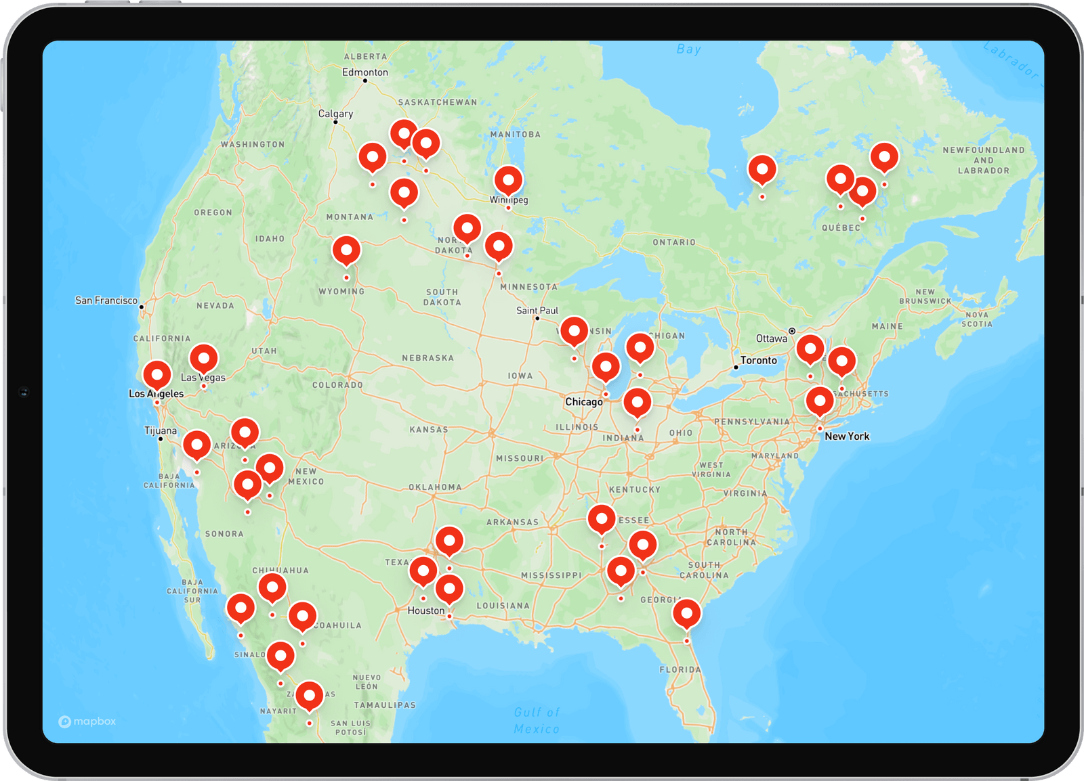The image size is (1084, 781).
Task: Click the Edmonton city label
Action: (x=365, y=72)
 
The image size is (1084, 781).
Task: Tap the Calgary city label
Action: (x=335, y=114)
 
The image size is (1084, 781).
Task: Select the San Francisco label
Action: (x=106, y=300)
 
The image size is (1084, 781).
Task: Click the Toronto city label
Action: (x=758, y=360)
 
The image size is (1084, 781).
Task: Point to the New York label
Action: (x=847, y=437)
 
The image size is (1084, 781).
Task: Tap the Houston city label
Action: (x=426, y=610)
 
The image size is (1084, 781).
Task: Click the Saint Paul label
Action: (x=537, y=311)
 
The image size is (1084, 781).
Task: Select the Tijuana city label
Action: (x=161, y=430)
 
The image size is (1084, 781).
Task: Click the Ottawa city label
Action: (x=772, y=338)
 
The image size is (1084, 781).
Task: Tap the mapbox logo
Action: (x=87, y=721)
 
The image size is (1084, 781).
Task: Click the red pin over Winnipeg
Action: (x=508, y=181)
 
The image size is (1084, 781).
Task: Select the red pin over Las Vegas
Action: (x=203, y=358)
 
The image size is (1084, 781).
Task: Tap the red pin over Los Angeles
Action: (x=157, y=374)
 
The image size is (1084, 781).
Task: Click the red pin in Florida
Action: (x=686, y=614)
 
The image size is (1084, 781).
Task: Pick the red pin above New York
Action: (x=819, y=401)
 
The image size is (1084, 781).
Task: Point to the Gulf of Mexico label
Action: (x=537, y=720)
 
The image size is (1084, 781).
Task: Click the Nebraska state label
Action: (x=428, y=358)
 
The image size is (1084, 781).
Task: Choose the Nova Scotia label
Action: (x=977, y=319)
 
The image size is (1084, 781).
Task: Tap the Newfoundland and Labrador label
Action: (x=983, y=160)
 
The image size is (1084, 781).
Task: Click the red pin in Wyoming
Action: (x=346, y=250)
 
